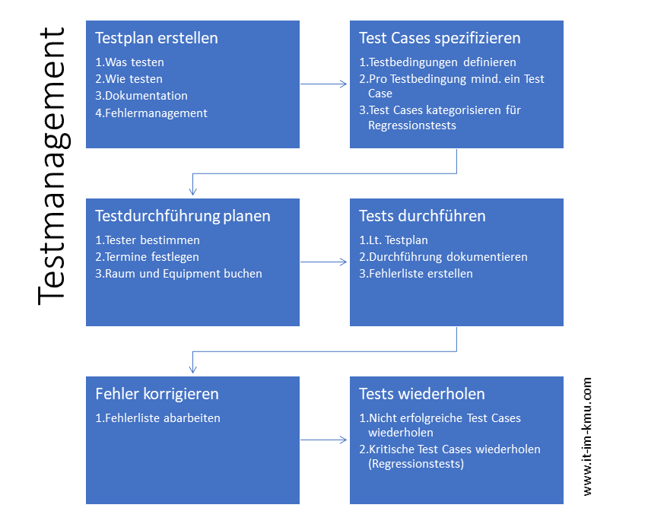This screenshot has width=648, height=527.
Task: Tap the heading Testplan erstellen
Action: (157, 38)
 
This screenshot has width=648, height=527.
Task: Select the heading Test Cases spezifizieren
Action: (440, 38)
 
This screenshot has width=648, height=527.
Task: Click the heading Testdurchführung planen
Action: (183, 216)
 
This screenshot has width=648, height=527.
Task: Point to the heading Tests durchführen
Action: (422, 216)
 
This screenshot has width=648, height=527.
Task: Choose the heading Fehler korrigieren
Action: (157, 394)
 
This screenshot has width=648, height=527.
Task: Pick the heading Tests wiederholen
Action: (422, 394)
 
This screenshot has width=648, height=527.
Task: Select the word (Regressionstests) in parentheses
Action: (416, 464)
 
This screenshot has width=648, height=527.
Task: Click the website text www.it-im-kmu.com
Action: (587, 437)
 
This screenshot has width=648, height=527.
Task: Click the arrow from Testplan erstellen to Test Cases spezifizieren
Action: (323, 84)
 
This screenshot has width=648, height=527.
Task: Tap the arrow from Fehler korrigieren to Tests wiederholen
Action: (323, 440)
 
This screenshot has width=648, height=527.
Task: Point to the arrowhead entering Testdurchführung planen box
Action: (192, 191)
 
